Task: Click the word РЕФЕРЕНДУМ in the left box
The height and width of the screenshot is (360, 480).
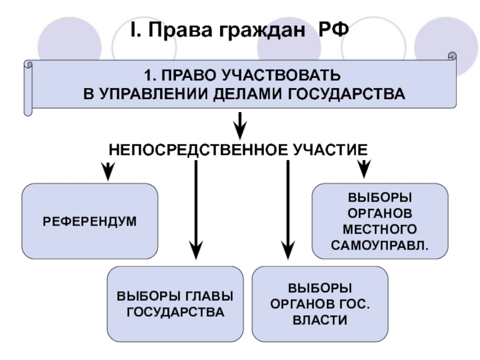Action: pos(89,221)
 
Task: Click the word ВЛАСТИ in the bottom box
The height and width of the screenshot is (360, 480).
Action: pos(320,320)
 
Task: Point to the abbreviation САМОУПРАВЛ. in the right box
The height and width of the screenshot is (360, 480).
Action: pos(380,245)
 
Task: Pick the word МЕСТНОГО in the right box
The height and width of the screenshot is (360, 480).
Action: pos(380,229)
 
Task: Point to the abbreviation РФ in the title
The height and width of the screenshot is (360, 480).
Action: pos(334,29)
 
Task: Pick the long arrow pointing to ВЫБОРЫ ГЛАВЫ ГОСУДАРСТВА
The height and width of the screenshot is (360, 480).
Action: pos(196,210)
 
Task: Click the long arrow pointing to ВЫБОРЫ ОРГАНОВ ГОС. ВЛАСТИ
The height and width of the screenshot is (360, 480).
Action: pos(288,210)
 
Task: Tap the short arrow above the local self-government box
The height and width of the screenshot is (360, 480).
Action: pos(364,167)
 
